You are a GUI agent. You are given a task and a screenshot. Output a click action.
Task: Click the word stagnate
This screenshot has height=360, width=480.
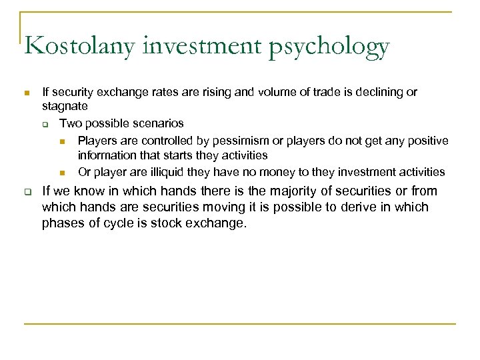(65, 107)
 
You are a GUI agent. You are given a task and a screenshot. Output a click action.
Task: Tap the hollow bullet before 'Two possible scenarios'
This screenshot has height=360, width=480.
(44, 125)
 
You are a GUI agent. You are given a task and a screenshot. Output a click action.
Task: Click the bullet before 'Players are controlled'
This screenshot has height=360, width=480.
(62, 141)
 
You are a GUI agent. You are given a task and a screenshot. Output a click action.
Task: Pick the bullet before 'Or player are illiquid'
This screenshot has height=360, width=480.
(62, 173)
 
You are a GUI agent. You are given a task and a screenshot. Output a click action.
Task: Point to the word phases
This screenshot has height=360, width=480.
(62, 224)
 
